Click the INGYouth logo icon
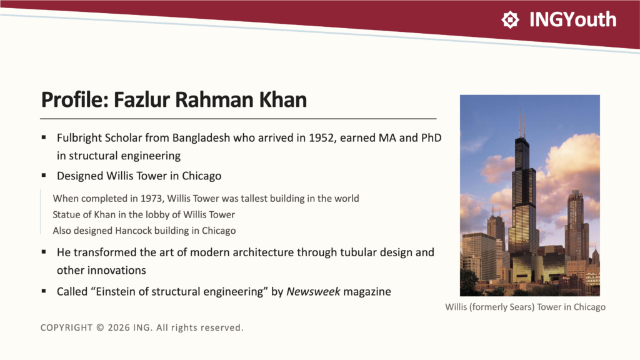510,19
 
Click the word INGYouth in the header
572,19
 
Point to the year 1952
322,138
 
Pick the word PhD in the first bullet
431,138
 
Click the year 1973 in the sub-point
151,199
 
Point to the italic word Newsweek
313,291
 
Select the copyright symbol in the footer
101,327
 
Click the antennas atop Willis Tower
522,124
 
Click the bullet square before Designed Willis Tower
44,176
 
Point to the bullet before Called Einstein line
44,291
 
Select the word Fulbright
79,138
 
